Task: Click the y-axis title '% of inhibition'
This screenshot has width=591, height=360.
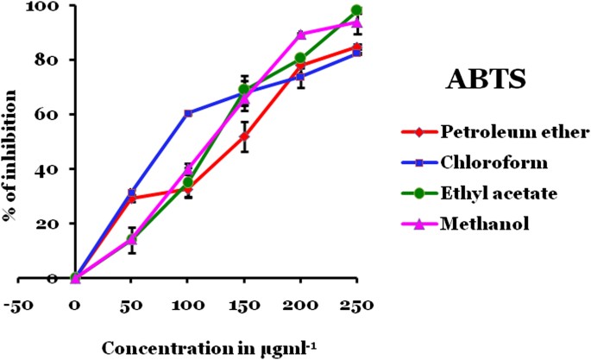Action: pyautogui.click(x=13, y=142)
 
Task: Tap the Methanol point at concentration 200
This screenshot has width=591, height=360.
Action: pyautogui.click(x=301, y=35)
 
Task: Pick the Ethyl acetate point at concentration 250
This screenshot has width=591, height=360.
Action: pyautogui.click(x=357, y=10)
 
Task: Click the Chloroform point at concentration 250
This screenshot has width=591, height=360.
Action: pyautogui.click(x=357, y=53)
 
